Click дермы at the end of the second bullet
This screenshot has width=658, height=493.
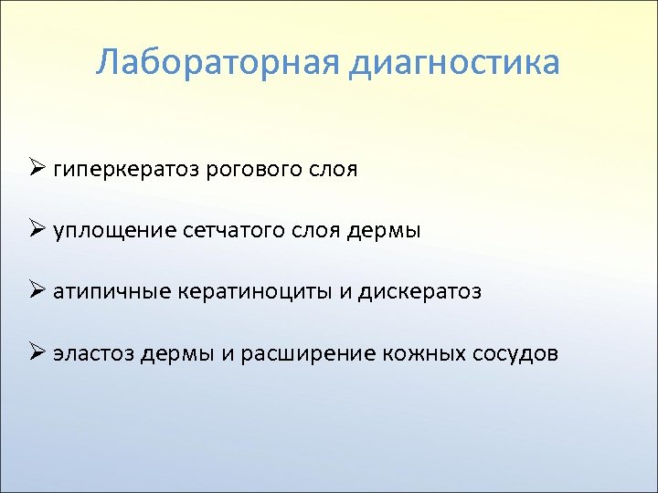[385, 232]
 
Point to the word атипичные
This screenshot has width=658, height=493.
[108, 292]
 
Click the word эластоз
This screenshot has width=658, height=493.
[94, 353]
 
